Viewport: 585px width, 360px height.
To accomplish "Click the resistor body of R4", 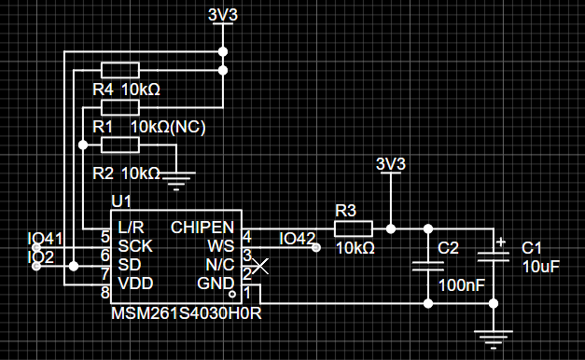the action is (x=120, y=70).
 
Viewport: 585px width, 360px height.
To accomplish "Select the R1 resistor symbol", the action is (x=120, y=107).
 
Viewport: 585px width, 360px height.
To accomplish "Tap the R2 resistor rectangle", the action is (x=120, y=145).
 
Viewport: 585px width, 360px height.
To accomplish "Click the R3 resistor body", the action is (x=354, y=228).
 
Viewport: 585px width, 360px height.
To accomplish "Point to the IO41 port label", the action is (x=45, y=239).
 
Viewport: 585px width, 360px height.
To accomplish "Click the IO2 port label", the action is (x=41, y=257).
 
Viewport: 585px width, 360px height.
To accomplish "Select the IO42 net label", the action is (x=298, y=239).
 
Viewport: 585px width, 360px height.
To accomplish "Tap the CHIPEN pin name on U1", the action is (x=202, y=228).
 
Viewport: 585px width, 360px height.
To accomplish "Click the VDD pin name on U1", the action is (x=135, y=284).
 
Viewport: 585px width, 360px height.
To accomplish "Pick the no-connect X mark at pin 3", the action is (x=260, y=266).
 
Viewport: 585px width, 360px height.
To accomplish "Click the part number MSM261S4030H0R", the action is (x=187, y=313).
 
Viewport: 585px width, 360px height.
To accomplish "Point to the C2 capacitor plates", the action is (x=428, y=266).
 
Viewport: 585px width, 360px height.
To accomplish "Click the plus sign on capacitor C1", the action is (x=501, y=242).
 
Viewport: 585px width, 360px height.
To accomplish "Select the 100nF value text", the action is (x=462, y=285).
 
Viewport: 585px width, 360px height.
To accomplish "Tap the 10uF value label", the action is (x=541, y=267).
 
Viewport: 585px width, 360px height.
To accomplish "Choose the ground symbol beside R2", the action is (x=176, y=181).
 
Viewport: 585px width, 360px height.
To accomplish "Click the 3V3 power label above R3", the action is (x=391, y=164).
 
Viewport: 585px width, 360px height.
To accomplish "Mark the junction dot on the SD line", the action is (x=74, y=266).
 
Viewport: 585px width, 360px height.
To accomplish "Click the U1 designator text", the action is (x=121, y=201).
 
